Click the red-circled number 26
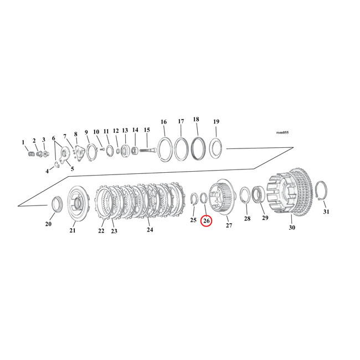pyautogui.click(x=206, y=221)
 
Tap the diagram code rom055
pyautogui.click(x=282, y=132)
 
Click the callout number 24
pyautogui.click(x=150, y=228)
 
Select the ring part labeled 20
pyautogui.click(x=56, y=203)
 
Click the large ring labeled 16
pyautogui.click(x=164, y=149)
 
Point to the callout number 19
pyautogui.click(x=216, y=122)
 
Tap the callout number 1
pyautogui.click(x=23, y=142)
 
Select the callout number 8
pyautogui.click(x=75, y=134)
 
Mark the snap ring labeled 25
pyautogui.click(x=194, y=199)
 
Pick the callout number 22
pyautogui.click(x=101, y=231)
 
